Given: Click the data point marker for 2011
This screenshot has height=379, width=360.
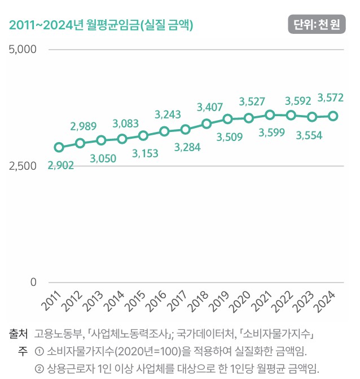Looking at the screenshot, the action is [x=59, y=147].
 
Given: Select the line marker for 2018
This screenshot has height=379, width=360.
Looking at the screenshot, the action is [x=206, y=124].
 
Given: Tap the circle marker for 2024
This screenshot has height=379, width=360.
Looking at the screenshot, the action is [x=333, y=116].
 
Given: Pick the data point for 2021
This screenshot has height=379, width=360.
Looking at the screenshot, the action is [x=270, y=115].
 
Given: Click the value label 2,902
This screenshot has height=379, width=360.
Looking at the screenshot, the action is [x=61, y=166].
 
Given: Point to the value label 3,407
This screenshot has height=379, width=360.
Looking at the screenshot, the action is [x=209, y=107].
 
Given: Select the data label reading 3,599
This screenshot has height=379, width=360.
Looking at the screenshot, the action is [x=271, y=133].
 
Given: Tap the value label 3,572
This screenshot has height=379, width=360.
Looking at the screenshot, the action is [x=330, y=98].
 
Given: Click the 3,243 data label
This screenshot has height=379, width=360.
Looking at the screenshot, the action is [x=168, y=114].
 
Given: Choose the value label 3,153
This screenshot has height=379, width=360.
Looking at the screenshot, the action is [x=145, y=153].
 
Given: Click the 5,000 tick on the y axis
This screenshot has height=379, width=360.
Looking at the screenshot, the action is [x=23, y=49].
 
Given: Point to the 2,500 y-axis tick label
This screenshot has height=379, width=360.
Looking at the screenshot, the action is [x=23, y=166].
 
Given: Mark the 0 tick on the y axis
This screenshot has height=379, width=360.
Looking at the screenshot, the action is [x=33, y=282].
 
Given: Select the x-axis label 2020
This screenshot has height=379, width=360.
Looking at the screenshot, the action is [x=240, y=301].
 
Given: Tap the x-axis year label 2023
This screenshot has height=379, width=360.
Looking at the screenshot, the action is [x=302, y=301].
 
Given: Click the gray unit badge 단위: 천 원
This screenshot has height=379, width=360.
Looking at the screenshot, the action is [x=317, y=24].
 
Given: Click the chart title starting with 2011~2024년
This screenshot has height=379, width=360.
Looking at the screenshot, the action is [x=101, y=25].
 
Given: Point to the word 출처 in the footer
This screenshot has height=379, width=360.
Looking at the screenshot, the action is [x=19, y=334].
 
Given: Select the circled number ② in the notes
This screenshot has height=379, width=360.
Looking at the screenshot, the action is [x=39, y=369].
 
